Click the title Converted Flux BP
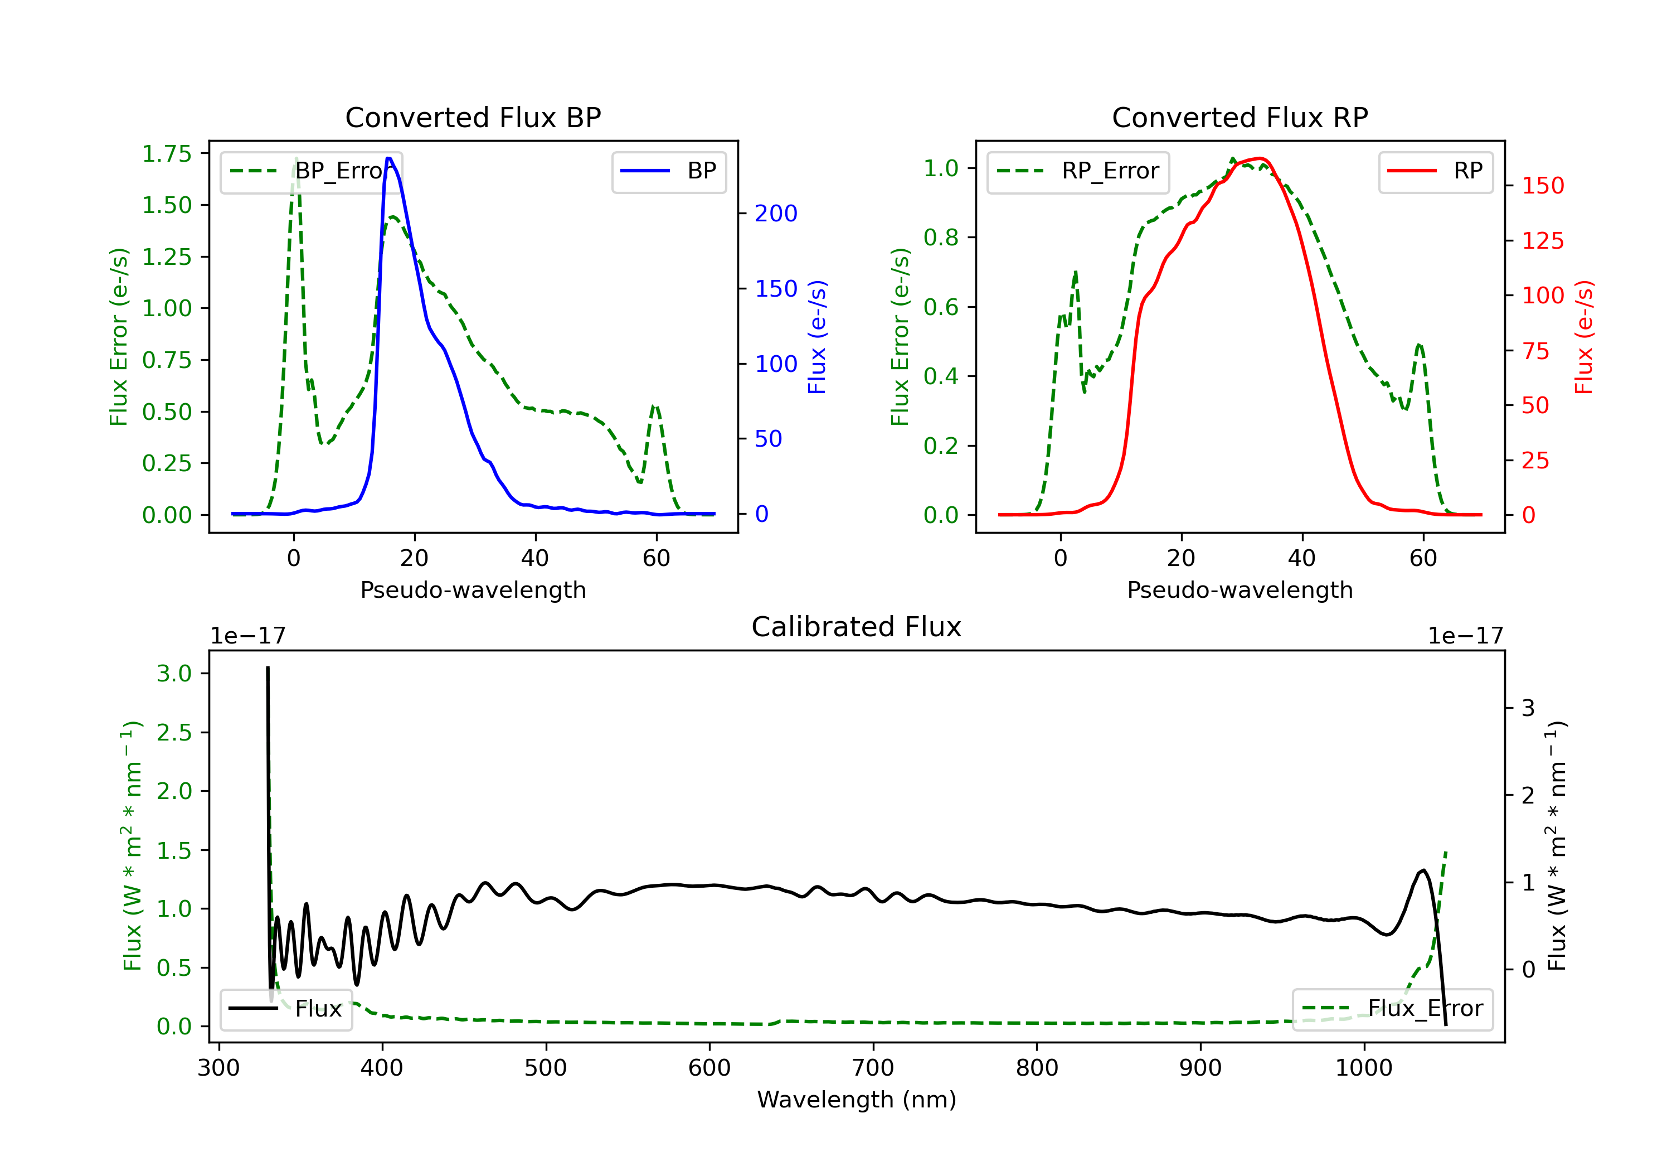pos(473,117)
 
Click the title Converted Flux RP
pos(1240,117)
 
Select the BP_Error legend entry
pos(312,171)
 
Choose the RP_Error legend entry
pos(1078,171)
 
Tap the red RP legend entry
pos(1435,171)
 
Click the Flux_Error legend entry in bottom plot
pos(1392,1009)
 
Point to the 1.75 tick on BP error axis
pos(167,154)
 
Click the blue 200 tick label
pos(776,214)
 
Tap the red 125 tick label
pos(1542,240)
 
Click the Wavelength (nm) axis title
pos(857,1100)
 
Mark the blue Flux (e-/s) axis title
pos(817,337)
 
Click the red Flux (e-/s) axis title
pos(1584,337)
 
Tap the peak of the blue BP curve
pos(389,158)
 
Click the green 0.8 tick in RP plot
pos(940,238)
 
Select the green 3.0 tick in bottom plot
pos(174,673)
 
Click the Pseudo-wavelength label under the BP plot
pos(473,589)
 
